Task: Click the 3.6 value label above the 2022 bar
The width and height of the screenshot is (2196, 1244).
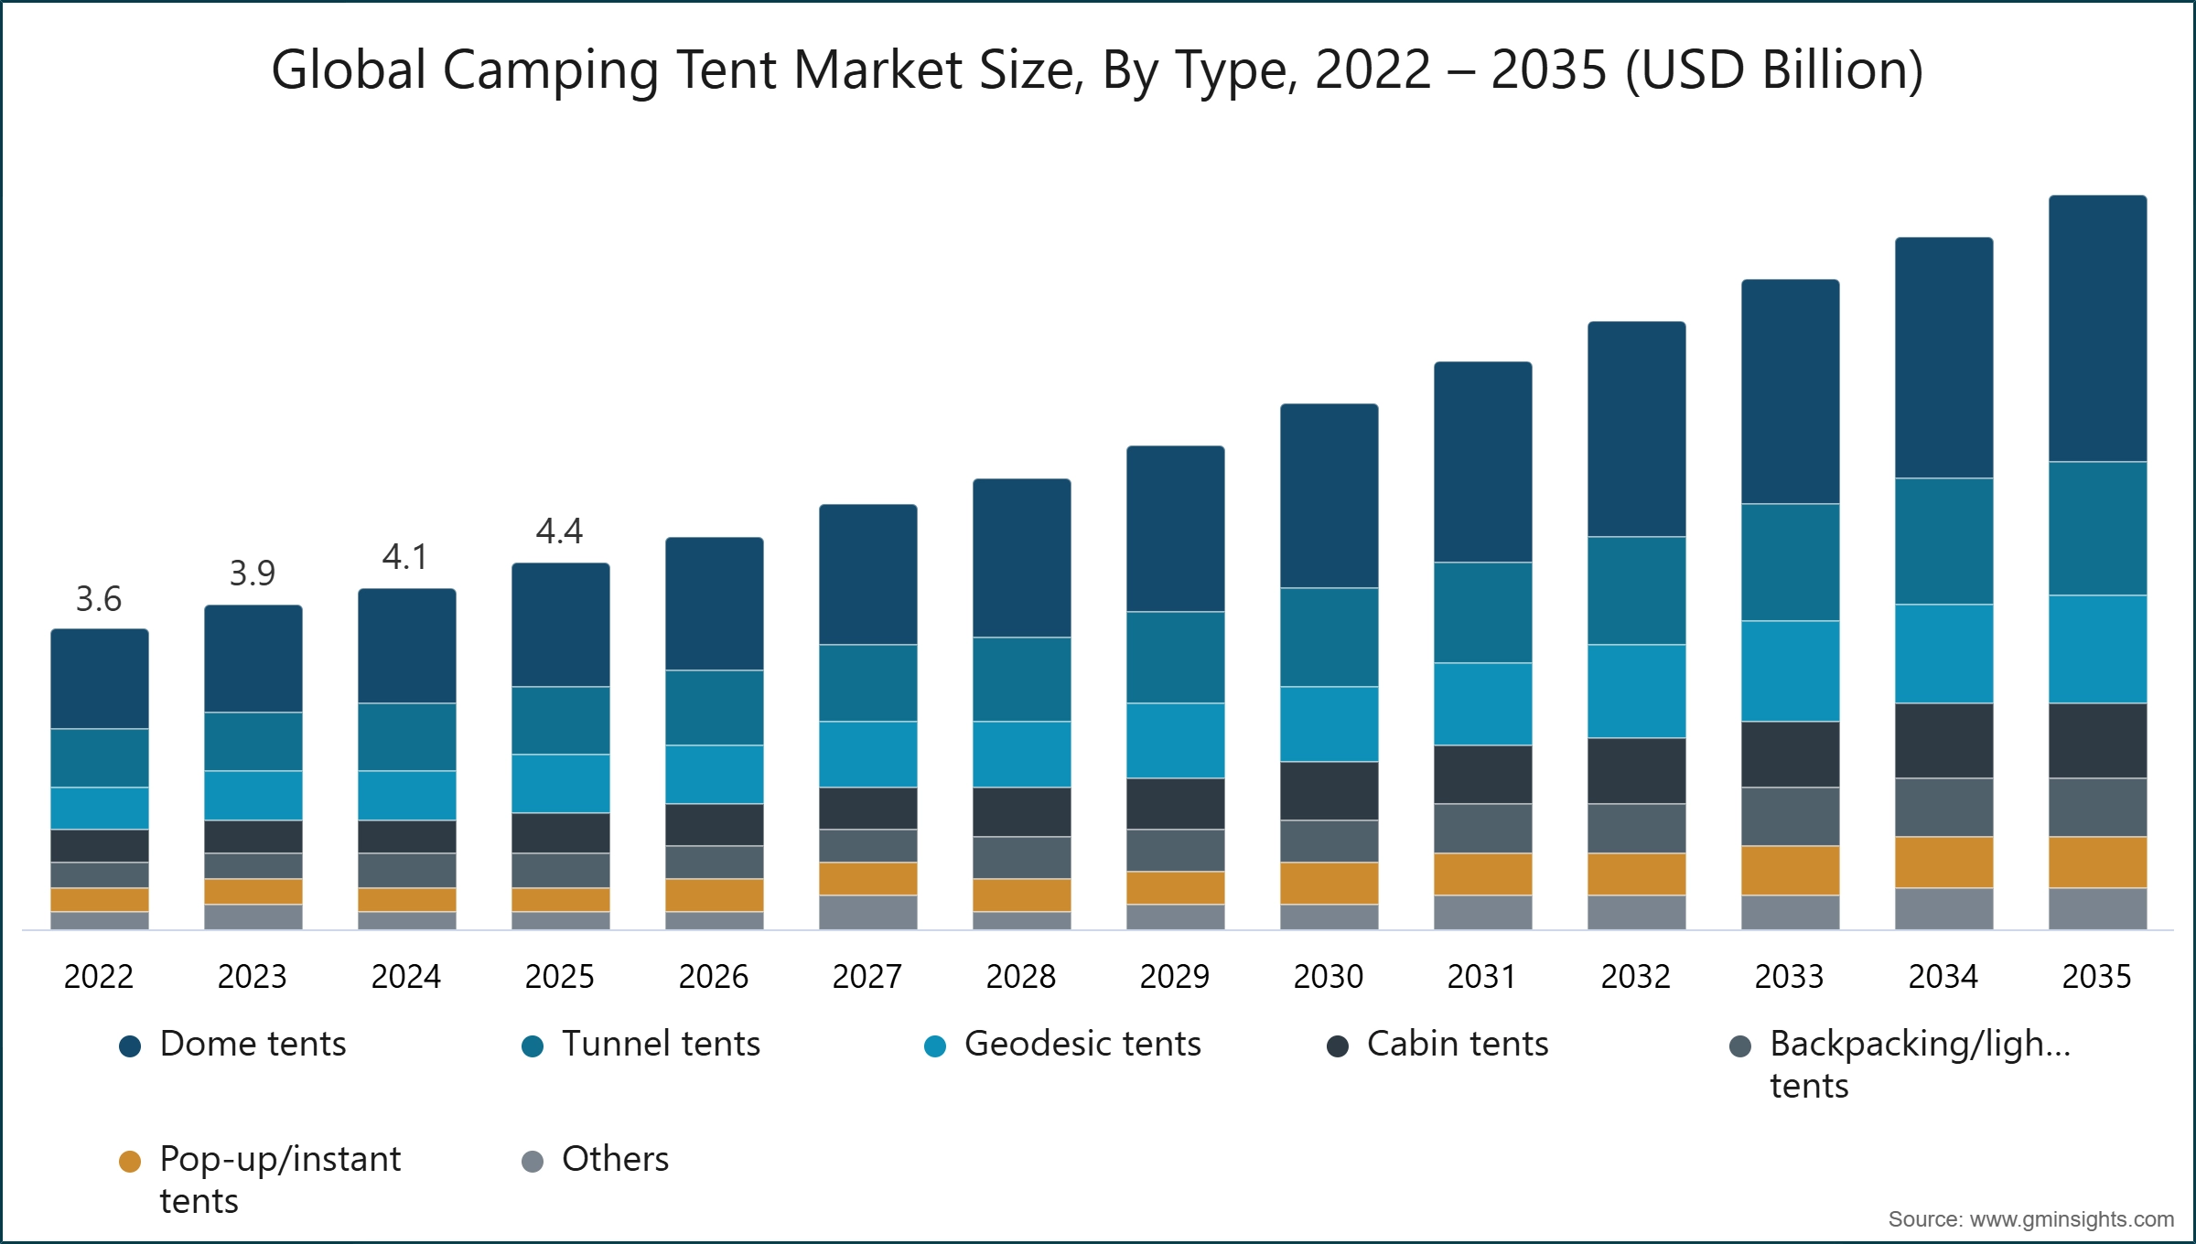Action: (99, 599)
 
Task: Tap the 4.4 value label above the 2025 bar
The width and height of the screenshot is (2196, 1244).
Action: (559, 531)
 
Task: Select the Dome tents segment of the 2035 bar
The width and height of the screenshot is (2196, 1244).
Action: (2097, 328)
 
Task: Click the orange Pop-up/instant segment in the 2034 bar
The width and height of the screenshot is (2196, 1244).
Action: (1943, 863)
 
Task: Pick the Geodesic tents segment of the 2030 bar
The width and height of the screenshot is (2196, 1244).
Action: (1329, 724)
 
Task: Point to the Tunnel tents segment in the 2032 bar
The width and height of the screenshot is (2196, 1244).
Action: (1636, 591)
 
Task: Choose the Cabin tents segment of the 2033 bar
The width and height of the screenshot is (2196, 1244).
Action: (1790, 755)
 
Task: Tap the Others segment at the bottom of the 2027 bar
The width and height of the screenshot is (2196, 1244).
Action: (867, 912)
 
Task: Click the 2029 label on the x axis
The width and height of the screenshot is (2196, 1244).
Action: (1175, 977)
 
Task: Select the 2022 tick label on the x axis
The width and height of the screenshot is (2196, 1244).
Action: (99, 977)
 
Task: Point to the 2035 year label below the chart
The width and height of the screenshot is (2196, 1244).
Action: (2096, 977)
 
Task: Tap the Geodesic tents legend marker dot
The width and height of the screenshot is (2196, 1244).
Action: (935, 1046)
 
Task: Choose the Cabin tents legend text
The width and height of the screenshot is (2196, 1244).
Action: (1457, 1044)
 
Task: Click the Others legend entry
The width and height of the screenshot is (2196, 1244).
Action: (615, 1159)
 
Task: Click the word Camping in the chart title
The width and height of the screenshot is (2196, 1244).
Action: (551, 70)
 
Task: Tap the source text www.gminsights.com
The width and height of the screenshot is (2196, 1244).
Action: (2072, 1219)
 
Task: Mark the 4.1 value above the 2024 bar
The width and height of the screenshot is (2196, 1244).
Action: (405, 557)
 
